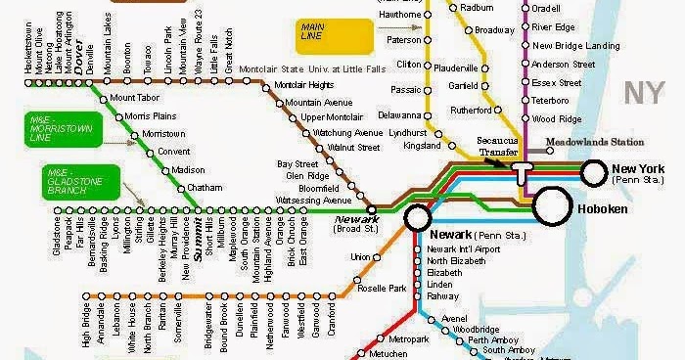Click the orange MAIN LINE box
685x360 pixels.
pos(336,36)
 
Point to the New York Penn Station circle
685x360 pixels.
pos(594,172)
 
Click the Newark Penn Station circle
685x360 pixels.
pos(417,217)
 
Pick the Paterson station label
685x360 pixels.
pos(403,40)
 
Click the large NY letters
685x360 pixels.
pos(645,95)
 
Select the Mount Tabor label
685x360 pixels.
pos(135,98)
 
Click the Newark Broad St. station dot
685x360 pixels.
pos(372,208)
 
